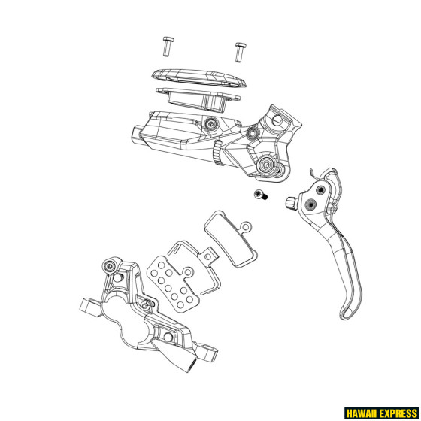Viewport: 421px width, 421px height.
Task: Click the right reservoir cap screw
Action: tap(241, 50)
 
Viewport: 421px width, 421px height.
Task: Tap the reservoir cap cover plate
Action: tap(198, 80)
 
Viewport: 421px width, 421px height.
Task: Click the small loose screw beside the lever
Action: tap(259, 195)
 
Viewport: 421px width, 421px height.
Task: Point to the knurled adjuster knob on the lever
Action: tap(290, 201)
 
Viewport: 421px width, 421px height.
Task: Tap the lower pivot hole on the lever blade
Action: tap(310, 203)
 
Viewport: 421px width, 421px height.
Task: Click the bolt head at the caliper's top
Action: tap(111, 267)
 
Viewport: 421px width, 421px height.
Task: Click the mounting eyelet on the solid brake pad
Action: tap(244, 226)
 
